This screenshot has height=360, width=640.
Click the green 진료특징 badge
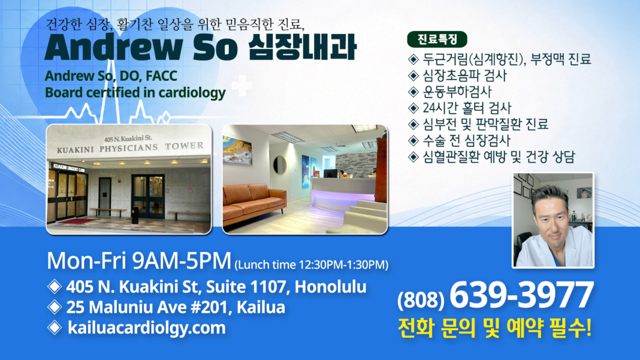(x=437, y=40)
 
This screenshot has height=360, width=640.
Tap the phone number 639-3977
(x=521, y=295)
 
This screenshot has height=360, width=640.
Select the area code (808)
(x=421, y=299)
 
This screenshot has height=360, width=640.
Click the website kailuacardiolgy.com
(x=147, y=328)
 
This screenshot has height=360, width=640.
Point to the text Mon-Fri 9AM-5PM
(x=139, y=261)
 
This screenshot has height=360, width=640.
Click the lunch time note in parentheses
(x=312, y=265)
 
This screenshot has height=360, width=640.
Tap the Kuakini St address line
(x=216, y=287)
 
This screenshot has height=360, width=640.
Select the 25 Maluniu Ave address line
(x=176, y=307)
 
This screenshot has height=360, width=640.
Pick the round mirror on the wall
(x=280, y=165)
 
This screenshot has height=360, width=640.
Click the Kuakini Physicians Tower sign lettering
(x=130, y=147)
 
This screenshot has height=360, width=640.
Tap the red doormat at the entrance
(x=77, y=221)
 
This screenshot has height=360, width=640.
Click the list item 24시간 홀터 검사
(x=467, y=108)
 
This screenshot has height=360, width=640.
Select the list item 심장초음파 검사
(x=464, y=75)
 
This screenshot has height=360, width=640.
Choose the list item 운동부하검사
(x=457, y=92)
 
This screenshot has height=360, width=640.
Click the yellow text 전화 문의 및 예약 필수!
(x=495, y=328)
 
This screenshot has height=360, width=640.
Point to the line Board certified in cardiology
(x=135, y=93)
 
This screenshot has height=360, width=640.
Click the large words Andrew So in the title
(x=141, y=48)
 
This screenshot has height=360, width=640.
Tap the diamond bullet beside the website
(x=55, y=327)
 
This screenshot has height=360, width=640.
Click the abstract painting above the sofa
(x=237, y=150)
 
